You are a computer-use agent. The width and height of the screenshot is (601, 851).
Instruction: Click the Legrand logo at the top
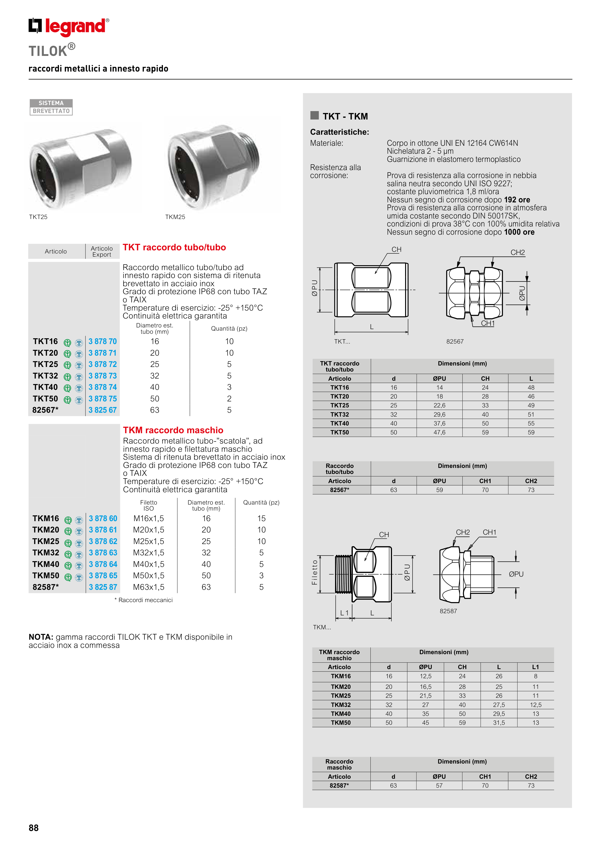click(x=69, y=27)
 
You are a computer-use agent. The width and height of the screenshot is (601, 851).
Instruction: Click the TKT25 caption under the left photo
click(x=38, y=217)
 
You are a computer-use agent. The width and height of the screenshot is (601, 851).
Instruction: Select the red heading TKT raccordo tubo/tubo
click(x=174, y=248)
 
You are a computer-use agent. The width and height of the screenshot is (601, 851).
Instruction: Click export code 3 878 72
click(x=103, y=364)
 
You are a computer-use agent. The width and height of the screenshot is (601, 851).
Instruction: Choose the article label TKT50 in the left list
click(x=45, y=399)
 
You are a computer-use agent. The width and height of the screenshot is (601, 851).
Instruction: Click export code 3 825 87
click(x=103, y=587)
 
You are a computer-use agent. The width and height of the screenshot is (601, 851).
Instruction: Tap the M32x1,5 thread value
click(x=149, y=553)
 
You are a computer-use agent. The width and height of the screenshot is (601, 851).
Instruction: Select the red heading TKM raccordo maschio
click(x=173, y=430)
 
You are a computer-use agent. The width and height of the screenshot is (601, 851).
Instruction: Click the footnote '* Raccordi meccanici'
click(x=144, y=600)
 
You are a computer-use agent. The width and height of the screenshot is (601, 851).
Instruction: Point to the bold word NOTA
click(x=41, y=637)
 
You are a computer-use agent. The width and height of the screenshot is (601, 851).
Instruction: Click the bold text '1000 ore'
click(x=519, y=233)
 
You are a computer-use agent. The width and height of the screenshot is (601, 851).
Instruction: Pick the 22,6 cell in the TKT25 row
click(x=439, y=406)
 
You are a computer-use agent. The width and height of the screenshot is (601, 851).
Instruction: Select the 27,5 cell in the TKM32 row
click(x=499, y=705)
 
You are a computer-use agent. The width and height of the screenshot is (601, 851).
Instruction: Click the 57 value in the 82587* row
click(x=439, y=785)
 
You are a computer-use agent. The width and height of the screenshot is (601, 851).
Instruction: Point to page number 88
click(x=34, y=828)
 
